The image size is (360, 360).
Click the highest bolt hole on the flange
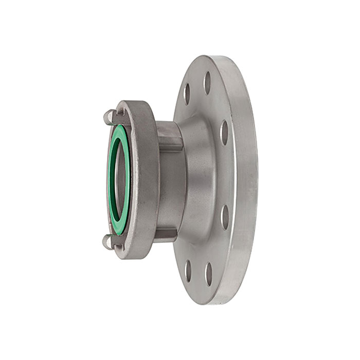(207, 82)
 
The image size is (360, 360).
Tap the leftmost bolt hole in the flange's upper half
(187, 94)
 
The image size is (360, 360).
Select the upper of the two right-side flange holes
(224, 132)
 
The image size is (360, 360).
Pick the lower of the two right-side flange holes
(225, 217)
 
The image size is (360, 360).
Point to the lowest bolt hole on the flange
(208, 274)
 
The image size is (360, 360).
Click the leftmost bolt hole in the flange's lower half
(188, 271)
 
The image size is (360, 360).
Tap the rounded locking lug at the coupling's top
(108, 117)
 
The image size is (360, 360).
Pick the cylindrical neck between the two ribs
(170, 185)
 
